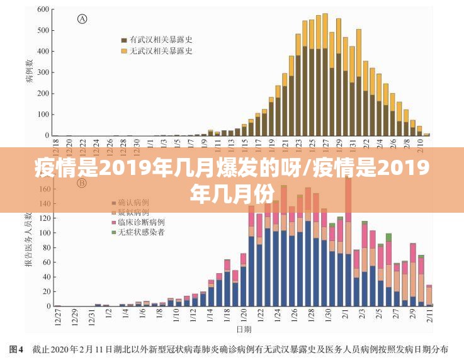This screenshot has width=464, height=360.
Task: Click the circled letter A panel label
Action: click(x=82, y=19)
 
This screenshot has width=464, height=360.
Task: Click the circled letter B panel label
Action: click(x=82, y=183)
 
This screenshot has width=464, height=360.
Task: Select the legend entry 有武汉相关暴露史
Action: click(x=161, y=39)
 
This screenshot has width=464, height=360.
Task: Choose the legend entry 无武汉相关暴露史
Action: click(x=161, y=50)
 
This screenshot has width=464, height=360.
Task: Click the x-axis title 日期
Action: click(x=244, y=329)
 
